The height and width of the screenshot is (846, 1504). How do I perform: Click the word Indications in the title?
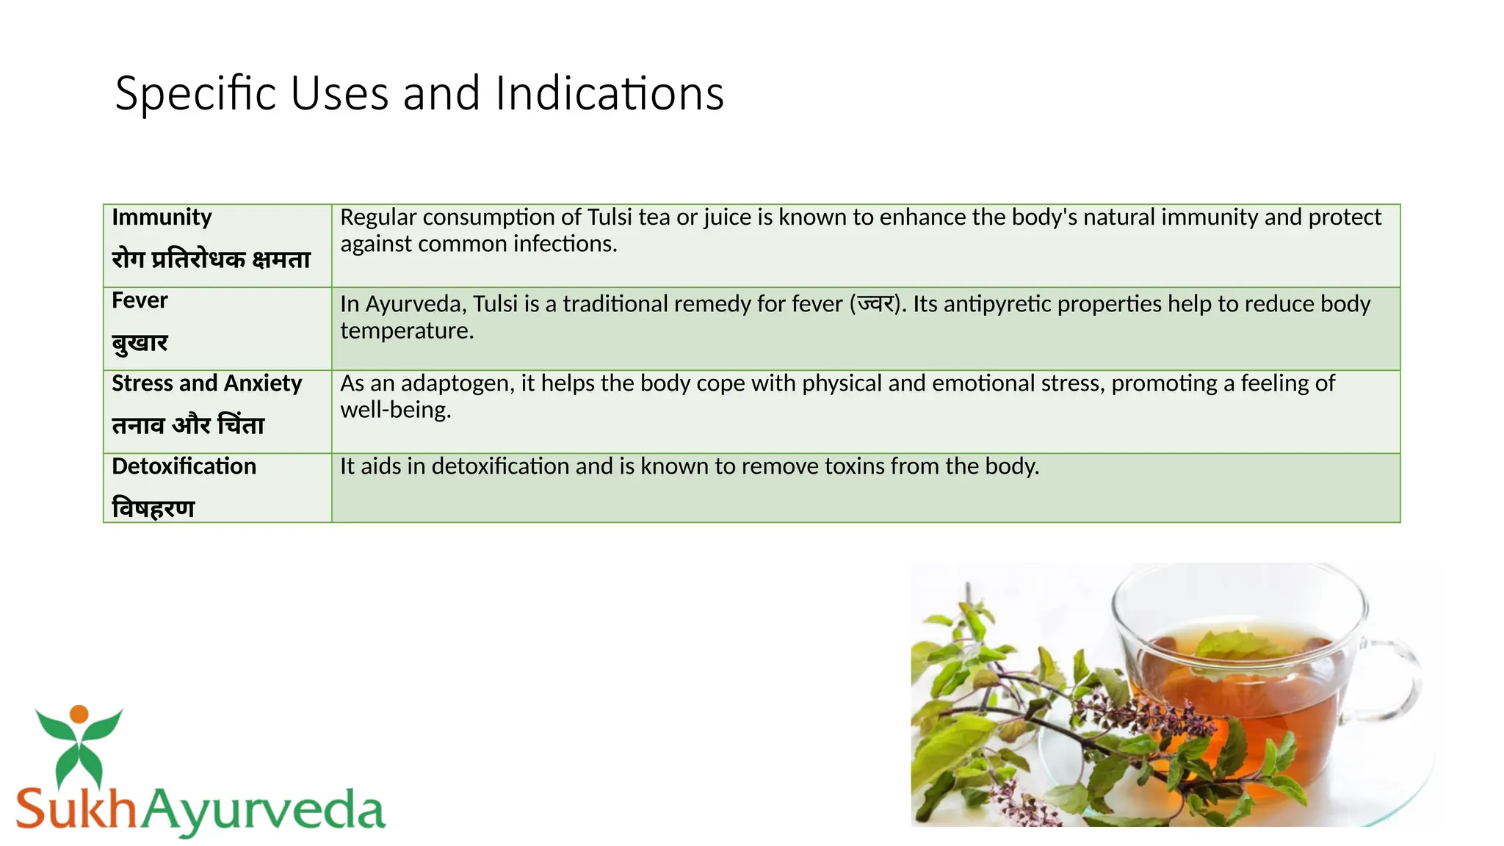[x=610, y=94]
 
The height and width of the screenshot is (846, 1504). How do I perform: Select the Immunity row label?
[x=162, y=217]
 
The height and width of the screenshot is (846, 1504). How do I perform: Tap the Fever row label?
[x=140, y=300]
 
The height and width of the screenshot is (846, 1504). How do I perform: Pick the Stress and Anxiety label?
[x=206, y=383]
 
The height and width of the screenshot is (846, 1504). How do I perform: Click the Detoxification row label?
[x=184, y=466]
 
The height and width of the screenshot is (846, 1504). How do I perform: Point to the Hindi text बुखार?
[x=140, y=343]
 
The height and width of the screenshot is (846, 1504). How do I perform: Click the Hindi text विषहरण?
[x=153, y=508]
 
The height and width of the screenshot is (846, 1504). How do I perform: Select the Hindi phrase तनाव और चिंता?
[x=188, y=425]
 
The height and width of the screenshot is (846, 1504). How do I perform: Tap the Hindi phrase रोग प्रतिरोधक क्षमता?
[x=211, y=259]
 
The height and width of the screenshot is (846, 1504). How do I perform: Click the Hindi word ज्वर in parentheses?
[x=875, y=304]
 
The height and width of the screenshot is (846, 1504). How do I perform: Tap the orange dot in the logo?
[x=79, y=714]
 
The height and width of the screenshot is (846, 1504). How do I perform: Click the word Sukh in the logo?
[x=76, y=809]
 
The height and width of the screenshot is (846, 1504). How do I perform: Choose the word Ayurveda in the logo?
[x=263, y=810]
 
